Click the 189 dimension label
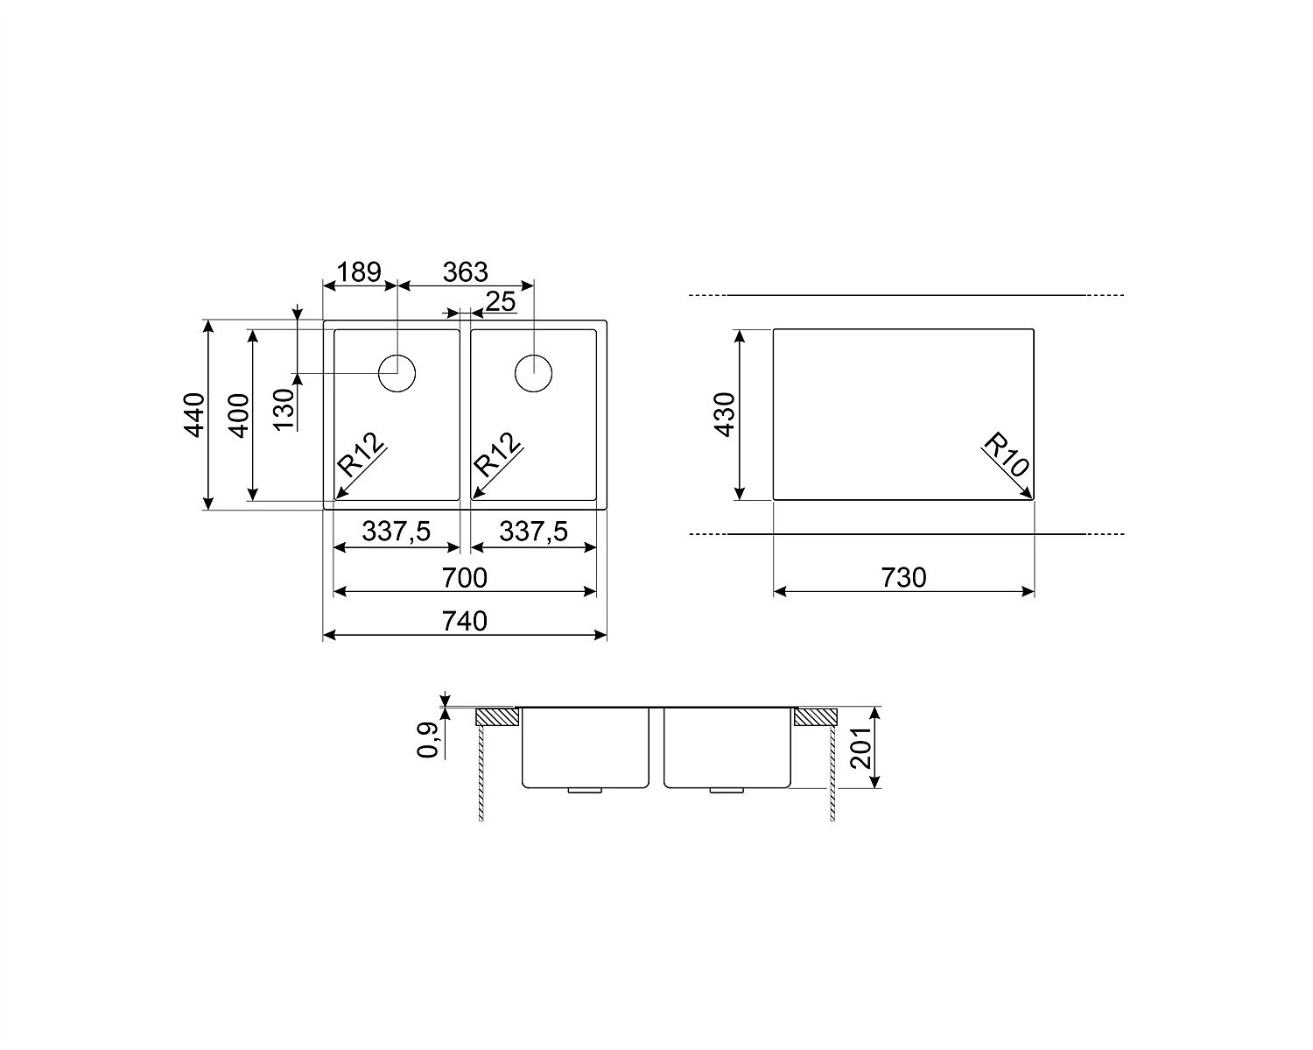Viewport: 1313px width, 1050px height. click(x=359, y=272)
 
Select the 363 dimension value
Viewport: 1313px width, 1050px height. click(x=466, y=272)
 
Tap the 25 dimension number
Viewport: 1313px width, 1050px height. click(x=501, y=301)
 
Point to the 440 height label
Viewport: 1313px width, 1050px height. click(x=194, y=415)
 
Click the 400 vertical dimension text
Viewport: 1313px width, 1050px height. click(x=239, y=416)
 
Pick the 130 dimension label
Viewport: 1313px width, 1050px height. click(x=284, y=409)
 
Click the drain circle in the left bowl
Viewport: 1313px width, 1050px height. click(x=397, y=373)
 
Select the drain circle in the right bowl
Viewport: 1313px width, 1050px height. click(x=533, y=373)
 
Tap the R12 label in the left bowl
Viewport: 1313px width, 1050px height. click(x=362, y=455)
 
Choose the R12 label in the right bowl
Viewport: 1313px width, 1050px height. click(x=498, y=455)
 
